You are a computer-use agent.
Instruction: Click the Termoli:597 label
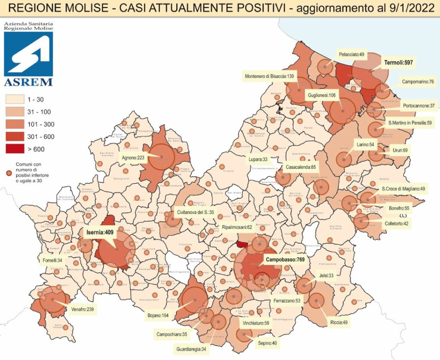(398, 63)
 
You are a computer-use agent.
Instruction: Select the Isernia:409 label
(100, 233)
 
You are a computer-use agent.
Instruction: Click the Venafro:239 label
(82, 309)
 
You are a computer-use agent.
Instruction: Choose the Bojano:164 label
(159, 316)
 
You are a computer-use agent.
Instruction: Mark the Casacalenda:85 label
(301, 168)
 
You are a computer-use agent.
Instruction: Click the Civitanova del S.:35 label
(196, 212)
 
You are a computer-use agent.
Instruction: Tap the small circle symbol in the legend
(9, 173)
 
